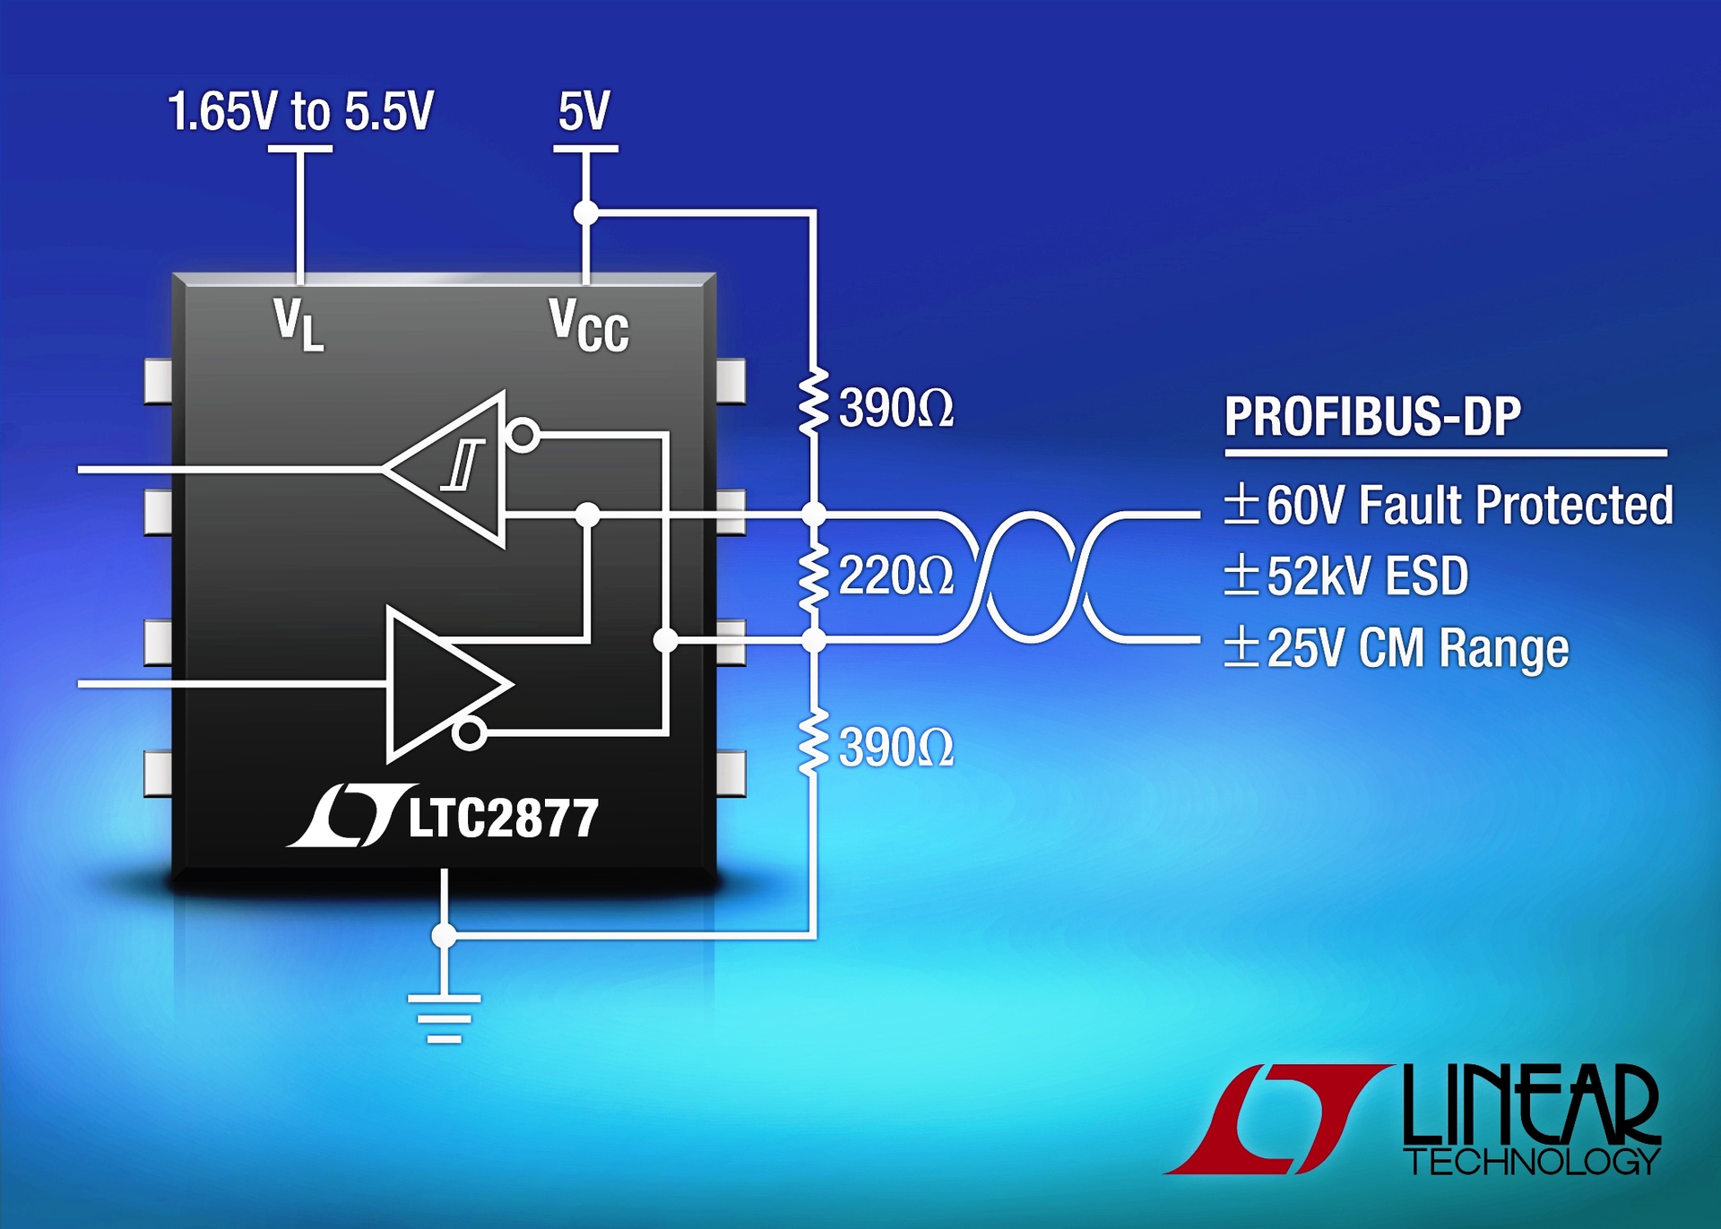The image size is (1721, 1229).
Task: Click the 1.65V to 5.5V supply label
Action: click(x=300, y=112)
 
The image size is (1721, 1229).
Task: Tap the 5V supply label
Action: click(x=584, y=112)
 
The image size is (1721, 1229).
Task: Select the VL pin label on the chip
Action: click(x=298, y=325)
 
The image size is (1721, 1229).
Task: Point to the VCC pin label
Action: click(x=589, y=326)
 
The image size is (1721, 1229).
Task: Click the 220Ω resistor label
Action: click(x=895, y=576)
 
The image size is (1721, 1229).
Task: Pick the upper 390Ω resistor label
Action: click(x=895, y=410)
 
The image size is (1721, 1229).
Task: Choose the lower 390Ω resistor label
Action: click(x=895, y=749)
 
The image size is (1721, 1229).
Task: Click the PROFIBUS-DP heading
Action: click(x=1372, y=417)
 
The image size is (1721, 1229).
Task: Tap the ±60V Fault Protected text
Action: click(x=1449, y=506)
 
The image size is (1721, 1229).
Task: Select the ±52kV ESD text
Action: click(x=1346, y=576)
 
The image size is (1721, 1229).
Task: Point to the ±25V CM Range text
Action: click(x=1397, y=648)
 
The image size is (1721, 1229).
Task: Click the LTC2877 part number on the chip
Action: click(x=503, y=818)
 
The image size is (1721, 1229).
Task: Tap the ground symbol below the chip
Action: click(x=444, y=1018)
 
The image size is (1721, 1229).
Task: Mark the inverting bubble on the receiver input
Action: click(x=523, y=436)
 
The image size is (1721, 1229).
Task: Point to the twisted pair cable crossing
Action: click(x=1030, y=576)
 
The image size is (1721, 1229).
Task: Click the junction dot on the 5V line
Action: click(x=585, y=212)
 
